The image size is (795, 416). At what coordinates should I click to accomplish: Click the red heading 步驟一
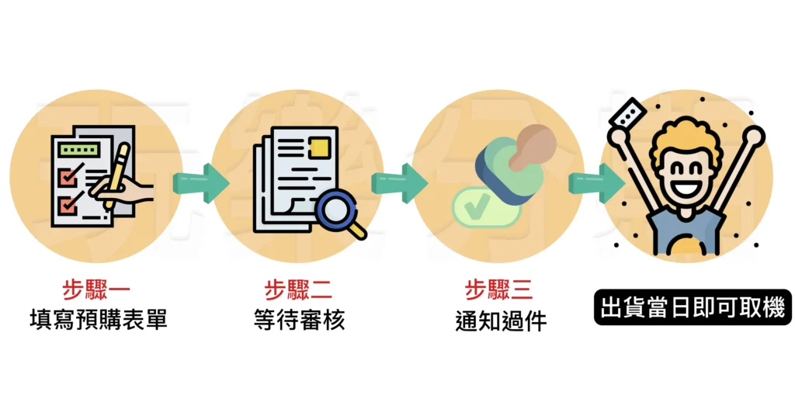point(96,290)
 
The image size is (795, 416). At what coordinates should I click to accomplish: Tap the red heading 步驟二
point(298,290)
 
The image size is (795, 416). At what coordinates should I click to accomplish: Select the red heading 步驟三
point(499,290)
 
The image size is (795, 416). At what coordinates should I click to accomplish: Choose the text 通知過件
point(501,321)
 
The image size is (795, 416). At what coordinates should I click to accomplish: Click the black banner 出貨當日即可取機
point(693,307)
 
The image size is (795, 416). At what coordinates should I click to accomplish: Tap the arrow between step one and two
point(201,183)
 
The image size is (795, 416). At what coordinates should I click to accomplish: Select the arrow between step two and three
point(400,183)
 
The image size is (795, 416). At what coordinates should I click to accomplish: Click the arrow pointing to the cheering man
point(596,183)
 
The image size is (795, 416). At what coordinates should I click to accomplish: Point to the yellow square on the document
point(321,148)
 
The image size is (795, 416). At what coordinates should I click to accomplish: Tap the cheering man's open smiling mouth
point(686,188)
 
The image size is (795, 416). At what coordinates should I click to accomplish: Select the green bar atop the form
point(79,150)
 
